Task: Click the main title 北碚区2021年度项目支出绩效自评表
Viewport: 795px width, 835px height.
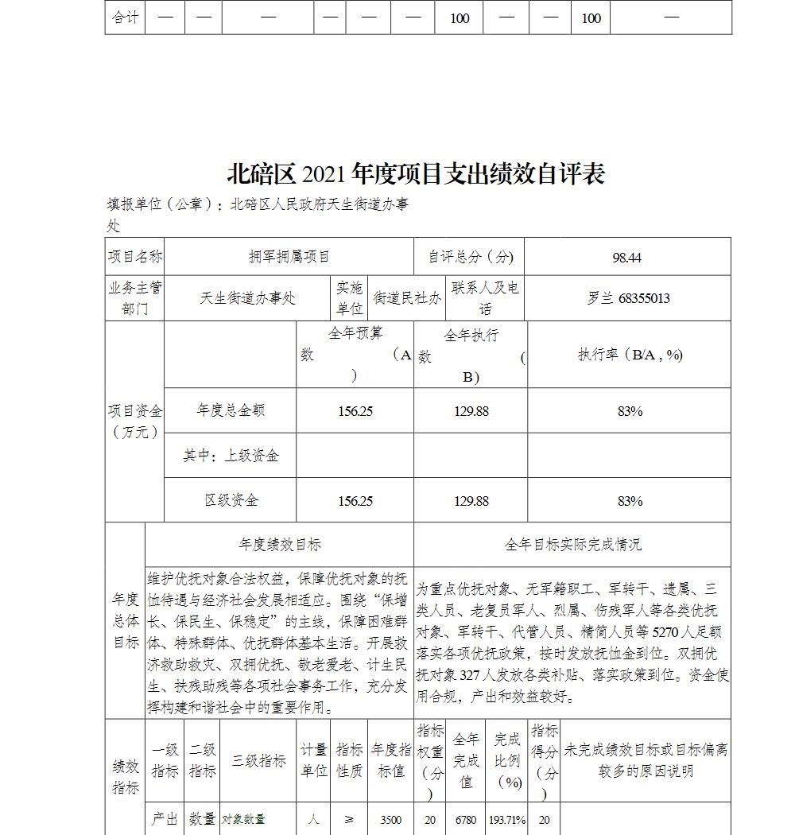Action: tap(416, 173)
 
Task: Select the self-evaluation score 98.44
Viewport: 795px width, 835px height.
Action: tap(627, 257)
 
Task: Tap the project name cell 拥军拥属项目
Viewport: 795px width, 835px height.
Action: tap(289, 256)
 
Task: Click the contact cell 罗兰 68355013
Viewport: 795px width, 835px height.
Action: tap(628, 298)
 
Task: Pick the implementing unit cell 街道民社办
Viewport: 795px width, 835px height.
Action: tap(407, 298)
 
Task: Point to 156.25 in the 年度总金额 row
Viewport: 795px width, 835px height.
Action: tap(355, 411)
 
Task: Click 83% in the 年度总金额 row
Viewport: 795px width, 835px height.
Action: tap(629, 411)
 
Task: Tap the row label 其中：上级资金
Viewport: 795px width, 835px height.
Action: tap(231, 456)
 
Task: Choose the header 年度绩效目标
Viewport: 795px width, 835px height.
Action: tap(280, 545)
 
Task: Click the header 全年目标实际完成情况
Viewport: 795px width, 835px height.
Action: tap(572, 545)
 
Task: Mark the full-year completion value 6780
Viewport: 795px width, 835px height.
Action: tap(466, 819)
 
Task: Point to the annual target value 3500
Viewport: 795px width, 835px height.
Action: tap(391, 819)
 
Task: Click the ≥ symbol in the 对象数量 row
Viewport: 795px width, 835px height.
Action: tap(349, 819)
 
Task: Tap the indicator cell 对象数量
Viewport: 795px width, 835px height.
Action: tap(243, 819)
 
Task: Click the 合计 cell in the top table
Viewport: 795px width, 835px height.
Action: tap(125, 17)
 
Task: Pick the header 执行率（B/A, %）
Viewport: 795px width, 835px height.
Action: tap(630, 355)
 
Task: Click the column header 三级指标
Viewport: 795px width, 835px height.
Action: tap(258, 760)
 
